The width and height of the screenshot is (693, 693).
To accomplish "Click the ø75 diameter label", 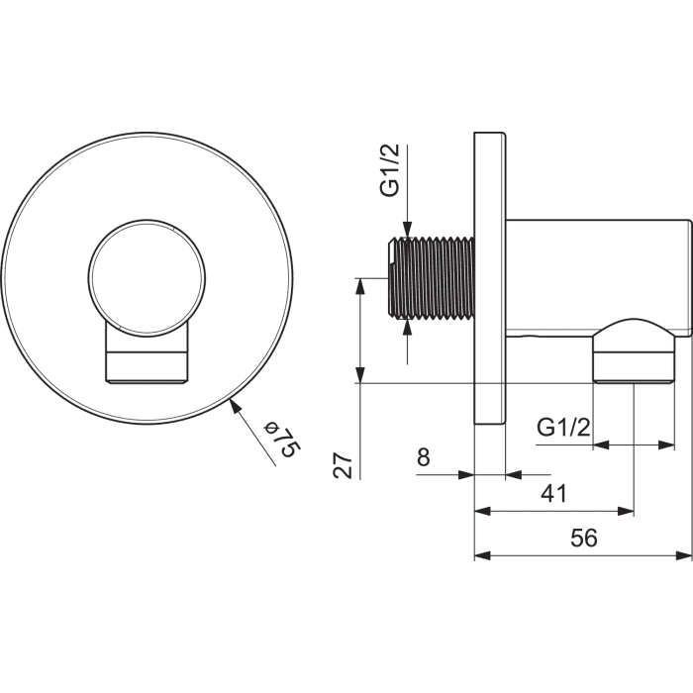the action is click(282, 440).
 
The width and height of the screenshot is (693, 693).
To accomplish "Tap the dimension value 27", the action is click(344, 465).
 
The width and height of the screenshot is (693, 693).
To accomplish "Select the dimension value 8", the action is click(423, 456).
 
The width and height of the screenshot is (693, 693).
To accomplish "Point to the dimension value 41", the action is click(553, 493).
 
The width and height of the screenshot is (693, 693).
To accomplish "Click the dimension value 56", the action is click(583, 538).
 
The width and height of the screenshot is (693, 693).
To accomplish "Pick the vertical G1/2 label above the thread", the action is click(389, 169).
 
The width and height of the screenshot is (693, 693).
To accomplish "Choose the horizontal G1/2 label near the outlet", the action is click(563, 428).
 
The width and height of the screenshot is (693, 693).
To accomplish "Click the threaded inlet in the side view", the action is click(431, 278).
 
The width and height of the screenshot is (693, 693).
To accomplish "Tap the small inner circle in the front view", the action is click(148, 276).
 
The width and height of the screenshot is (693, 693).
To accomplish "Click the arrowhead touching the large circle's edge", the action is click(238, 406).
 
